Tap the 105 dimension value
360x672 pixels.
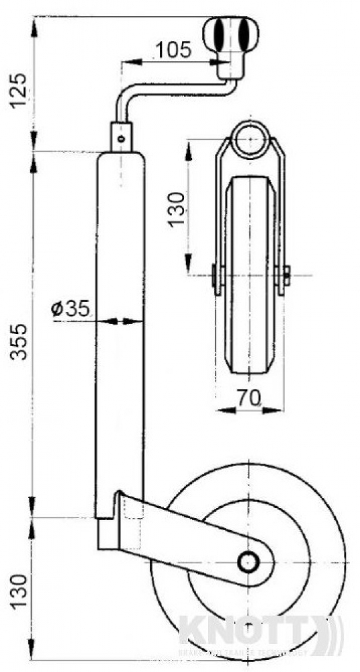click(173, 49)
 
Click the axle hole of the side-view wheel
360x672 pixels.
click(250, 560)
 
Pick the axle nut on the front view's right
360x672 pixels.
click(287, 274)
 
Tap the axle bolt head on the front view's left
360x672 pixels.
click(213, 275)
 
